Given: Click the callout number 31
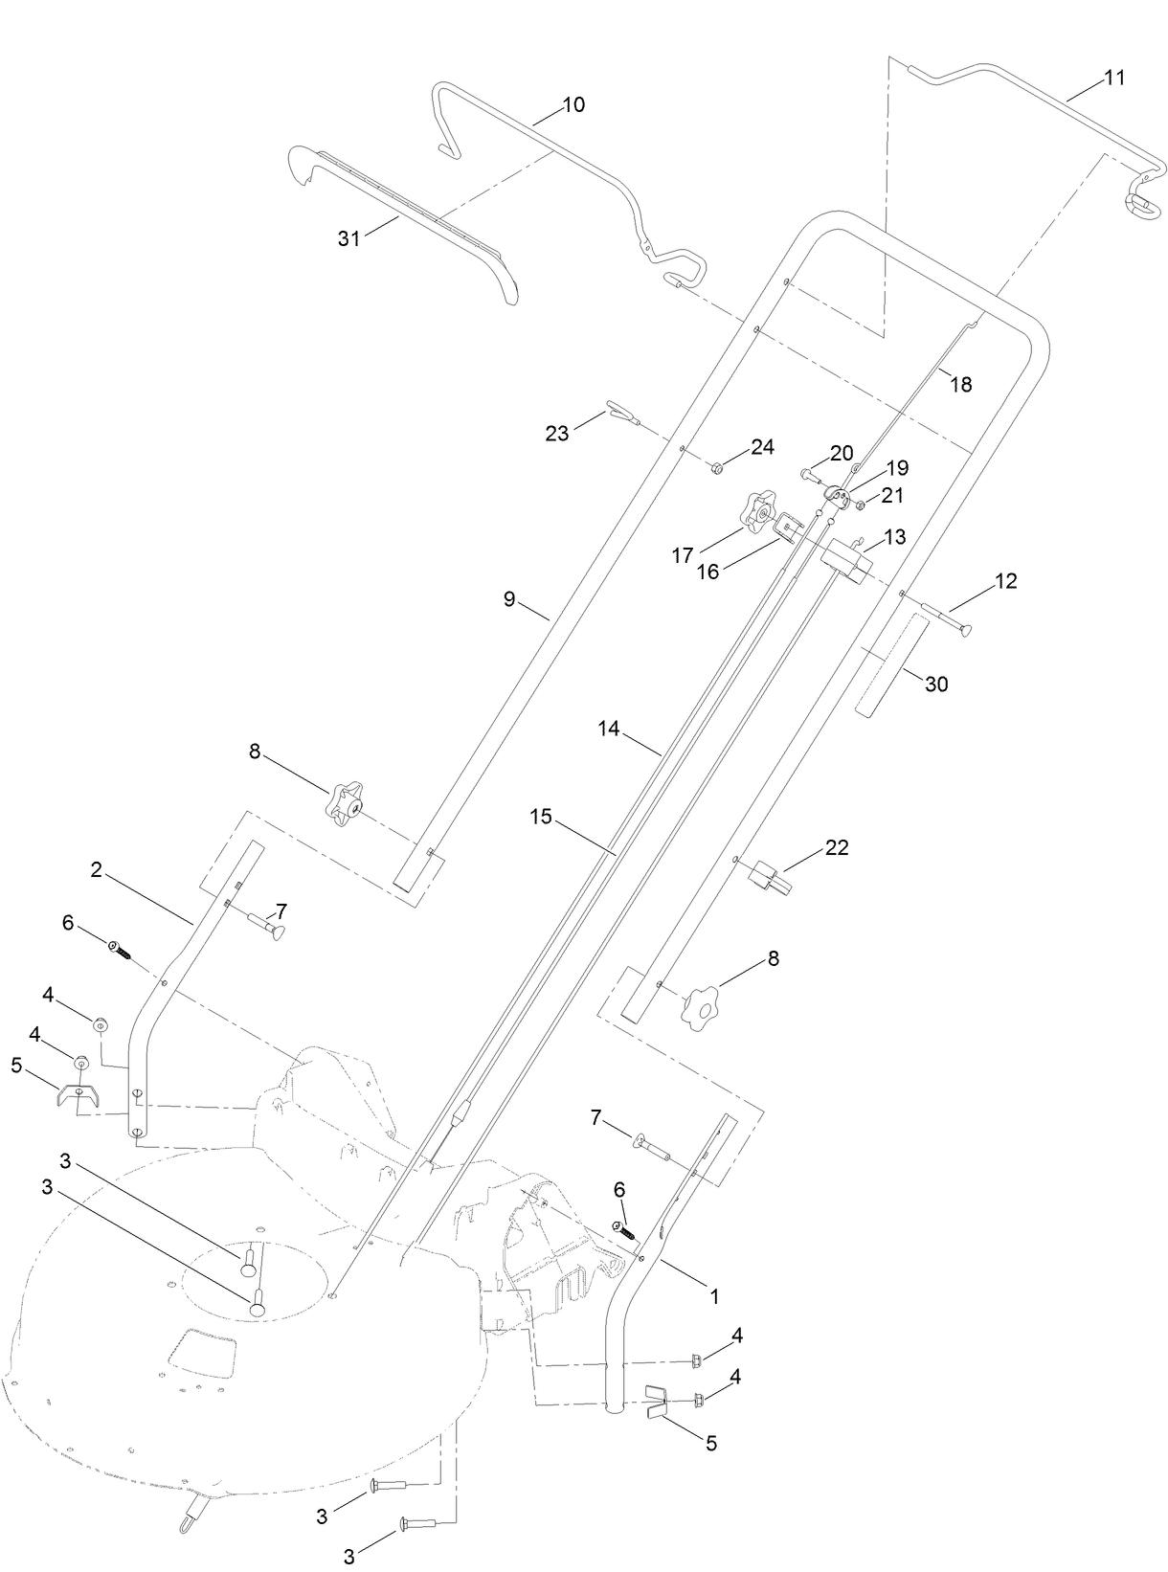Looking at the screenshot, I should [x=348, y=238].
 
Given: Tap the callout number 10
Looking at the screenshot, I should [x=573, y=104].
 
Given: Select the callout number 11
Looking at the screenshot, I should [x=1113, y=79].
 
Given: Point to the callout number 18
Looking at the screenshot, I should [x=960, y=384].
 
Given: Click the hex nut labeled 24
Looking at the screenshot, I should [x=716, y=467].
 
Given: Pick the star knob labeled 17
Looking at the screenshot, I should [x=761, y=513].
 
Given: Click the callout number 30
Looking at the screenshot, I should [x=936, y=685].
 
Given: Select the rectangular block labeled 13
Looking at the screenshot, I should [x=847, y=559].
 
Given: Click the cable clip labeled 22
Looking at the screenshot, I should [x=773, y=876].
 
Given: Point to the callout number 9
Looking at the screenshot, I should [x=509, y=599].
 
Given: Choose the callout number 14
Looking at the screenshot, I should [x=610, y=730].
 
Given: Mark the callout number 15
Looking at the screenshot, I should [x=541, y=816].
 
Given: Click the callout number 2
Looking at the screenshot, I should [x=97, y=871].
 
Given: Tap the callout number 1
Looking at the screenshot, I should [x=712, y=1297].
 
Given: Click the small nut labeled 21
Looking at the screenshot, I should [x=860, y=505].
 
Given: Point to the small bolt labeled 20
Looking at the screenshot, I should [x=810, y=473].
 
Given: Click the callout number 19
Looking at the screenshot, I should [x=897, y=468].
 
